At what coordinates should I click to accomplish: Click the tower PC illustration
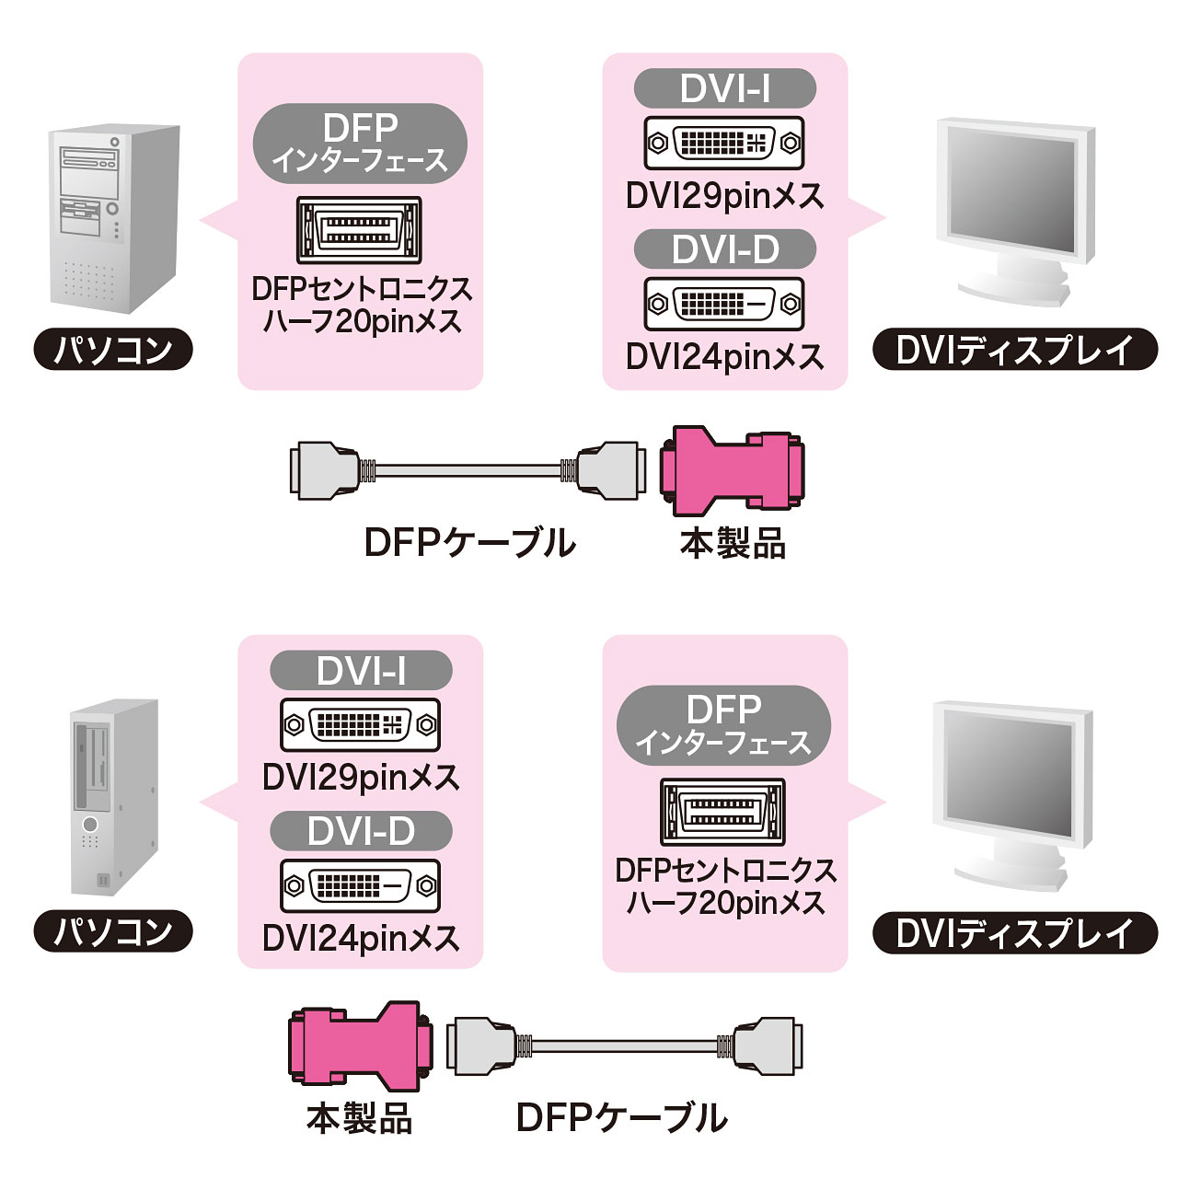coord(112,217)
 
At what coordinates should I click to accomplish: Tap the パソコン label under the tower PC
coord(113,350)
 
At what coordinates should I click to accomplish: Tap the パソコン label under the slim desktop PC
coord(113,931)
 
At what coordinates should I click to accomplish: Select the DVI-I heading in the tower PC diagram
coord(725,88)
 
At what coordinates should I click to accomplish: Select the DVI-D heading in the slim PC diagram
coord(361,831)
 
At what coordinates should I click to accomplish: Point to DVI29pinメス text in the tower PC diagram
coord(725,196)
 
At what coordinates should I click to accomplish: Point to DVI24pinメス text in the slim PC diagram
coord(361,939)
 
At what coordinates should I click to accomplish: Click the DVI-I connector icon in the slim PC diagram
coord(360,724)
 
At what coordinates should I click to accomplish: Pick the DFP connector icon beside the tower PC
coord(359,230)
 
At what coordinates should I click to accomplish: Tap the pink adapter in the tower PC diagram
coord(733,469)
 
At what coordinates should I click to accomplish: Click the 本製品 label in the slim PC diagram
coord(359,1119)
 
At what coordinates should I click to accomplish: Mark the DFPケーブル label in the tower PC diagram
coord(470,543)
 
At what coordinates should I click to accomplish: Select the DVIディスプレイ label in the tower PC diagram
coord(1014,350)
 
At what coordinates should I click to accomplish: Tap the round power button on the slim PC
coord(89,824)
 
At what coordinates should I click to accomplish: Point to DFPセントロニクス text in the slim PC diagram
coord(725,870)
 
